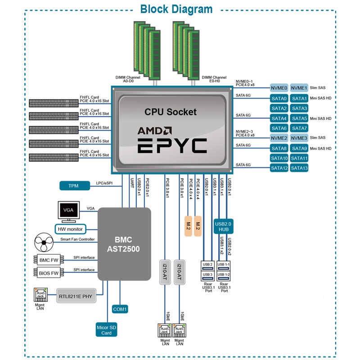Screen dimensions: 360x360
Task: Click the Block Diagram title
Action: click(x=176, y=9)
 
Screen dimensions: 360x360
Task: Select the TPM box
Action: click(x=73, y=185)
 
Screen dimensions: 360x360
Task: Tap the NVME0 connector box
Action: click(x=279, y=88)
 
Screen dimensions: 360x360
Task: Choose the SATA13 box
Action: click(x=299, y=168)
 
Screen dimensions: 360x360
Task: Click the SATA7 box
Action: click(x=299, y=128)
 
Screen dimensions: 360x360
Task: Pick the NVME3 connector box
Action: click(x=299, y=138)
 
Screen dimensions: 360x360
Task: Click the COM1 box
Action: click(x=120, y=309)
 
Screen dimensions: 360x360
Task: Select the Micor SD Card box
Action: click(x=107, y=330)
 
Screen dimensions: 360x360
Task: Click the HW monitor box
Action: click(x=70, y=229)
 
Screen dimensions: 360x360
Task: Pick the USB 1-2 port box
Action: click(x=224, y=274)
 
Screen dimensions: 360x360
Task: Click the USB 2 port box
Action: click(x=207, y=264)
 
